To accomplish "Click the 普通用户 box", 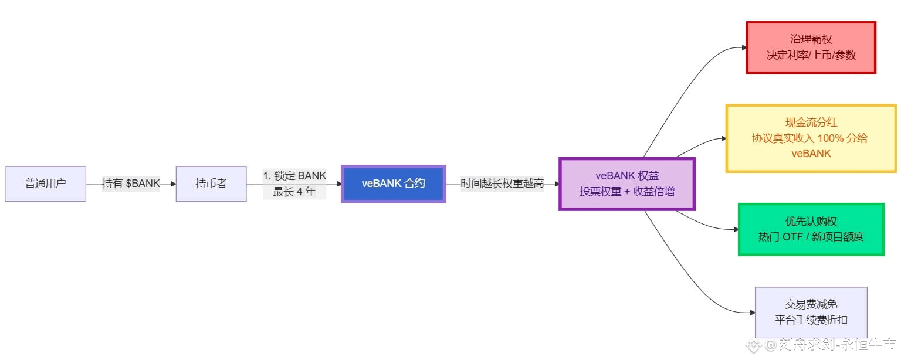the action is [x=46, y=184].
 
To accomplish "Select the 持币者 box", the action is [x=211, y=184].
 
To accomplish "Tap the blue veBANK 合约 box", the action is [x=394, y=184].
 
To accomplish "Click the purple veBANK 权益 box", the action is [x=626, y=184].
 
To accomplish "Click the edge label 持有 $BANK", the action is [x=131, y=184].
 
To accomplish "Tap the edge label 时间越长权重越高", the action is [x=502, y=184].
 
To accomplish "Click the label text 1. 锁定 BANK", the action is [x=294, y=175].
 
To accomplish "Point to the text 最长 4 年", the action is [x=294, y=191].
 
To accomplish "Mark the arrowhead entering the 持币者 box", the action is [x=172, y=184].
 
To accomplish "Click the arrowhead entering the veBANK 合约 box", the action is [x=338, y=184].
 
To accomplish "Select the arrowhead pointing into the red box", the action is [x=743, y=47].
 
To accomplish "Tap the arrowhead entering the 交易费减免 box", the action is [x=751, y=313].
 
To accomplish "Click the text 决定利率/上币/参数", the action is [x=811, y=55].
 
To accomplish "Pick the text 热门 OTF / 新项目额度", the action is [x=811, y=237].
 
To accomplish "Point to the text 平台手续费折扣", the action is [x=811, y=320].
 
